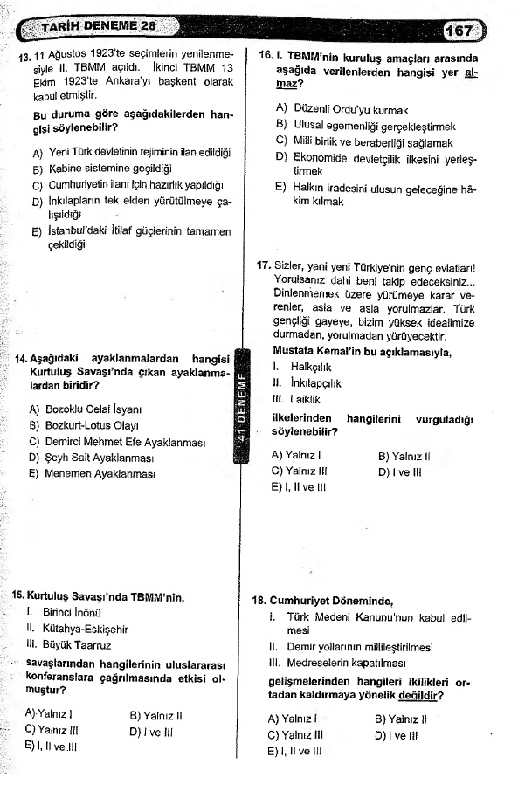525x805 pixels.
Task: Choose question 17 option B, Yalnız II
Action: pos(407,456)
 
